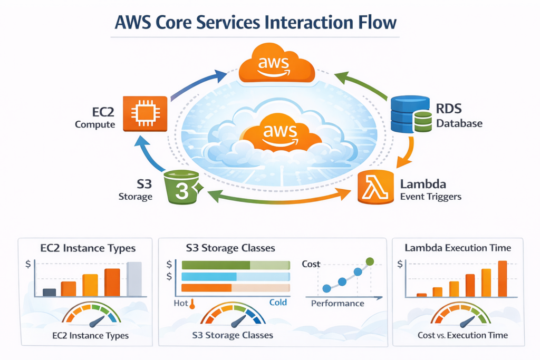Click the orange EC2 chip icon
click(x=145, y=113)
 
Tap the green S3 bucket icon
click(x=182, y=187)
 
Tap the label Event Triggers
click(x=430, y=197)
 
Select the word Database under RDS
click(x=459, y=124)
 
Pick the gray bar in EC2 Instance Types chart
click(x=134, y=279)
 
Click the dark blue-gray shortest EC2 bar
click(x=49, y=292)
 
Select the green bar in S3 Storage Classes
click(x=215, y=265)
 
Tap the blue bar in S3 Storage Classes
click(x=209, y=277)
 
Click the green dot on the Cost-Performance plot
click(x=370, y=260)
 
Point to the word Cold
click(x=278, y=303)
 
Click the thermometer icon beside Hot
click(x=192, y=304)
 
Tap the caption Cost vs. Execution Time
click(x=462, y=335)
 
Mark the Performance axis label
click(x=337, y=303)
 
